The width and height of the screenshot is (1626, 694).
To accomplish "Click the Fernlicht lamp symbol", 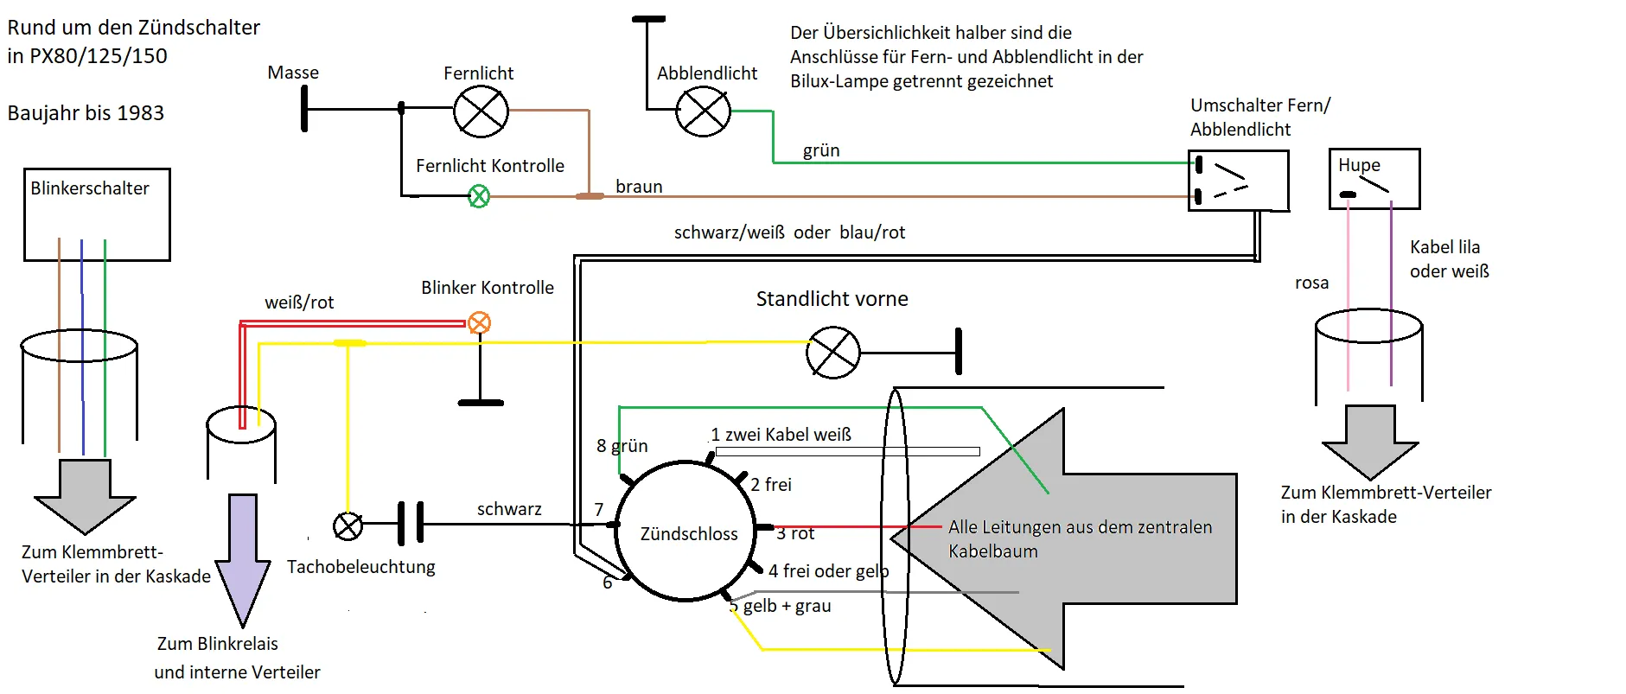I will coord(481,111).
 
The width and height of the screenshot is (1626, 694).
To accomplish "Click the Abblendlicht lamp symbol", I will coord(703,111).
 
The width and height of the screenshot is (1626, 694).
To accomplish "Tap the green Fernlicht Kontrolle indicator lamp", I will coord(479,197).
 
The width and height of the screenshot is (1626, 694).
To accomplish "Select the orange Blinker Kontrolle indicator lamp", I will coord(479,323).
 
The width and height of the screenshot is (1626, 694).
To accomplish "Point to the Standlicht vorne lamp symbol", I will coord(833,353).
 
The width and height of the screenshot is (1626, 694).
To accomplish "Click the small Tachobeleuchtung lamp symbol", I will coord(348,525).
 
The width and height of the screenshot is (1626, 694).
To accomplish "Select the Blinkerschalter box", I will coord(97,214).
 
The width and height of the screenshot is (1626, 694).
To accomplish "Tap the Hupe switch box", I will coord(1374,179).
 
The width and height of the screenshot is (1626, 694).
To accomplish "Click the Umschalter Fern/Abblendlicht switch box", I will coord(1239,181).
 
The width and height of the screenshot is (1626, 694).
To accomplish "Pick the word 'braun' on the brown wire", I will coord(639,187).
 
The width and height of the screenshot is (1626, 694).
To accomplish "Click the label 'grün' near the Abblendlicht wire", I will coord(821,150).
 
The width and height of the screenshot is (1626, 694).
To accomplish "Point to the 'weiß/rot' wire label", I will coord(299,302).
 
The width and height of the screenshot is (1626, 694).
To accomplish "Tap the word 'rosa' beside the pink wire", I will coord(1311,283).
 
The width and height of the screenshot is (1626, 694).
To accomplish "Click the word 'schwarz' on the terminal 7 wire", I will coord(509,509).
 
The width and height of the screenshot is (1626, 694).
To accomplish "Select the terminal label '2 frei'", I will coord(771,485).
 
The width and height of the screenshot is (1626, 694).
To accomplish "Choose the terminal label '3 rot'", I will coord(795,534).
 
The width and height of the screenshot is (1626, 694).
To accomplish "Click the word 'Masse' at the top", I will coord(293,73).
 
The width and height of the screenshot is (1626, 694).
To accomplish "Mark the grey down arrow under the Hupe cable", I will coord(1370,441).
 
